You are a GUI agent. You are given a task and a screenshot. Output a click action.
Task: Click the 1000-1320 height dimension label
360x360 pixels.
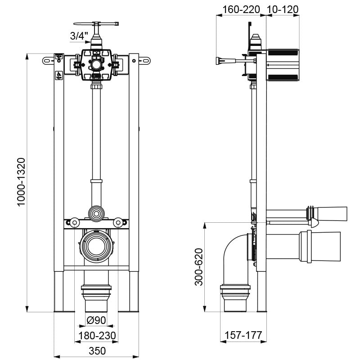pos(21,182)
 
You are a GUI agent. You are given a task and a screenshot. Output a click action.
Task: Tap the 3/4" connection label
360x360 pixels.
pos(79,36)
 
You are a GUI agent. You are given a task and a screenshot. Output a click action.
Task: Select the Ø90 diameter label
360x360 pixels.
pos(96,320)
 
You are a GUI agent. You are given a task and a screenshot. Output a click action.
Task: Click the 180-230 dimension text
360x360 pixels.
pos(97,336)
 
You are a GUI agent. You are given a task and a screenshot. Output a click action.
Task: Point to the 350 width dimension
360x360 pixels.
pos(97,351)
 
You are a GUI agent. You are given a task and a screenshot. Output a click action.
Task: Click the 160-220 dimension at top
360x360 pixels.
pos(241,9)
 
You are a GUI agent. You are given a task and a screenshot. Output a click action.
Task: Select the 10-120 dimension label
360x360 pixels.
pos(283,9)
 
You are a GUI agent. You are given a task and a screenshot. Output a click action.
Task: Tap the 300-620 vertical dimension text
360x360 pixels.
pos(199,267)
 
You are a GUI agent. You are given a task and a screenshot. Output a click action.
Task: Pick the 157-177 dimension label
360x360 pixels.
pos(243,335)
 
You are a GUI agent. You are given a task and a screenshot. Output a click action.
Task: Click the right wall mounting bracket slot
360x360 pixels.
pos(144,61)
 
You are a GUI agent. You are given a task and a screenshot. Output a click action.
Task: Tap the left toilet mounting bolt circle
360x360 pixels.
pos(75,222)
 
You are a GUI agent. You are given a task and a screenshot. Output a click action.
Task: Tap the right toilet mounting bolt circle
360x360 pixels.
pos(118,222)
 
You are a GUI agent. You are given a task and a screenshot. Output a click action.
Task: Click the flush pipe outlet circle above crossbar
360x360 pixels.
pos(96,214)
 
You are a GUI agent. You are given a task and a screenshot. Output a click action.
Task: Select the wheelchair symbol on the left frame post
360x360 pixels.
pos(59,75)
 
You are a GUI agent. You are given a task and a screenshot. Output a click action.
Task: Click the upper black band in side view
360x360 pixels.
pos(283,52)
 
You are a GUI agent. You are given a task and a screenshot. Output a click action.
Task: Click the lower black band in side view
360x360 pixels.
pos(283,77)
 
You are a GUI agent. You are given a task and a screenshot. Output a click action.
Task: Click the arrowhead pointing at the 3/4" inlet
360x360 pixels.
pos(88,42)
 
